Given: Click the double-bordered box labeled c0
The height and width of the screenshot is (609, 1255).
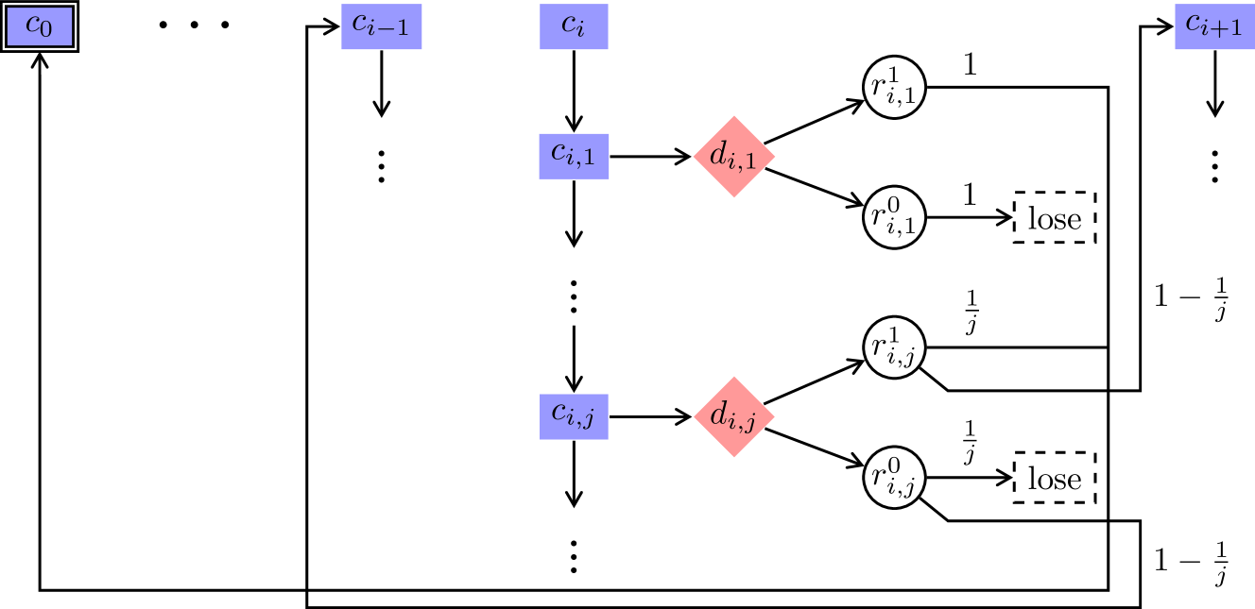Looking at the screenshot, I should (39, 26).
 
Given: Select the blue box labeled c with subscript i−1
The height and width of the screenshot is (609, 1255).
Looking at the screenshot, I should (381, 26).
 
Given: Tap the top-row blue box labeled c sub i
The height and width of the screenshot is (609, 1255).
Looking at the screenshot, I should (574, 26).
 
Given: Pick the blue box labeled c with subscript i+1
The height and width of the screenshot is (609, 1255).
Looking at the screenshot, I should (1214, 26).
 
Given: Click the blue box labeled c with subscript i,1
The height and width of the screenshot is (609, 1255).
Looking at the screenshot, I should (574, 156).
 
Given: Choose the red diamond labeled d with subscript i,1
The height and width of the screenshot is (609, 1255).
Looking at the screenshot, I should (734, 157).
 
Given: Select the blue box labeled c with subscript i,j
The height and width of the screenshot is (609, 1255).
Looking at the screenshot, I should (574, 416).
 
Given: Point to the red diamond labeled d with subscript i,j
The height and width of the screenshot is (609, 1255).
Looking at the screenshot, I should (734, 416).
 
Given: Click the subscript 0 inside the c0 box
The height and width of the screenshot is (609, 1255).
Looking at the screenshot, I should (46, 30).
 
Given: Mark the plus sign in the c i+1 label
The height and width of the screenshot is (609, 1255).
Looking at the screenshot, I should (1219, 30).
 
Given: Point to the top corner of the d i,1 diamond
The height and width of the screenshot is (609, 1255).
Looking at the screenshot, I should (734, 116).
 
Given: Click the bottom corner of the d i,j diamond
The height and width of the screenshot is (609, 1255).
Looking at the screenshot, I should (734, 458).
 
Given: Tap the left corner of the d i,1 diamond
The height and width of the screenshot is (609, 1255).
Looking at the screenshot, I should (694, 157).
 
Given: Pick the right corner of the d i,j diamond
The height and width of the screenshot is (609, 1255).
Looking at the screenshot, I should (775, 416).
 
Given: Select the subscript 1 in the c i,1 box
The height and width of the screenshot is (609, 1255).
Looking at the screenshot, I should (589, 161).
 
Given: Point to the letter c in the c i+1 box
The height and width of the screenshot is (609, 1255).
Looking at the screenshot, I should (1194, 24).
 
